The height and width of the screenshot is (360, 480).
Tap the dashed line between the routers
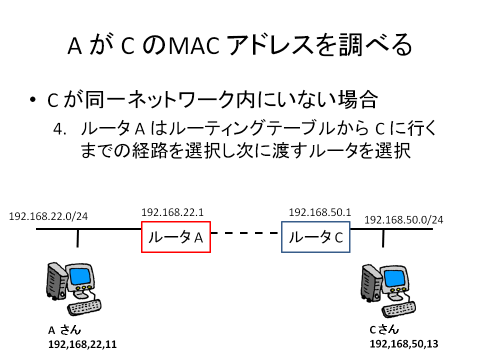pos(245,233)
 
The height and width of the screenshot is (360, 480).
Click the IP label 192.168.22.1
pos(172,212)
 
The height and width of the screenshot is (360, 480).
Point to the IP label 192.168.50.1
pos(320,212)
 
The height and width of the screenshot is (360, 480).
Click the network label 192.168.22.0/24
pos(48,216)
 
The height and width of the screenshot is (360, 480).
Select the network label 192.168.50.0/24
pos(404,220)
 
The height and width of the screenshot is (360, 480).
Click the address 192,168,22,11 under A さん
pos(82,344)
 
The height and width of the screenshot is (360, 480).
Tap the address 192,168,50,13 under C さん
pos(404,344)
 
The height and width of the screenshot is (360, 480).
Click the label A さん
pos(64,330)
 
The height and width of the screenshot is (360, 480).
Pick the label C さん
pos(384,329)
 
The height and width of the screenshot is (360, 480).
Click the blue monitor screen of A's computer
pos(80,276)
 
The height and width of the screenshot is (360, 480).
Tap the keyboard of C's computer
pos(398,309)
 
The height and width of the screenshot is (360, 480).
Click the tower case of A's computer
pos(56,280)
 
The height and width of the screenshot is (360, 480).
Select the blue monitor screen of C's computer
pos(395,278)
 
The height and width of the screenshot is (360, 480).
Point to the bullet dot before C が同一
pos(33,99)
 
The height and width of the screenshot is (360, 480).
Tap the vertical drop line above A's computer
pos(78,238)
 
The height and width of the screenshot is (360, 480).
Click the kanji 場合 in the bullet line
pos(357,99)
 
